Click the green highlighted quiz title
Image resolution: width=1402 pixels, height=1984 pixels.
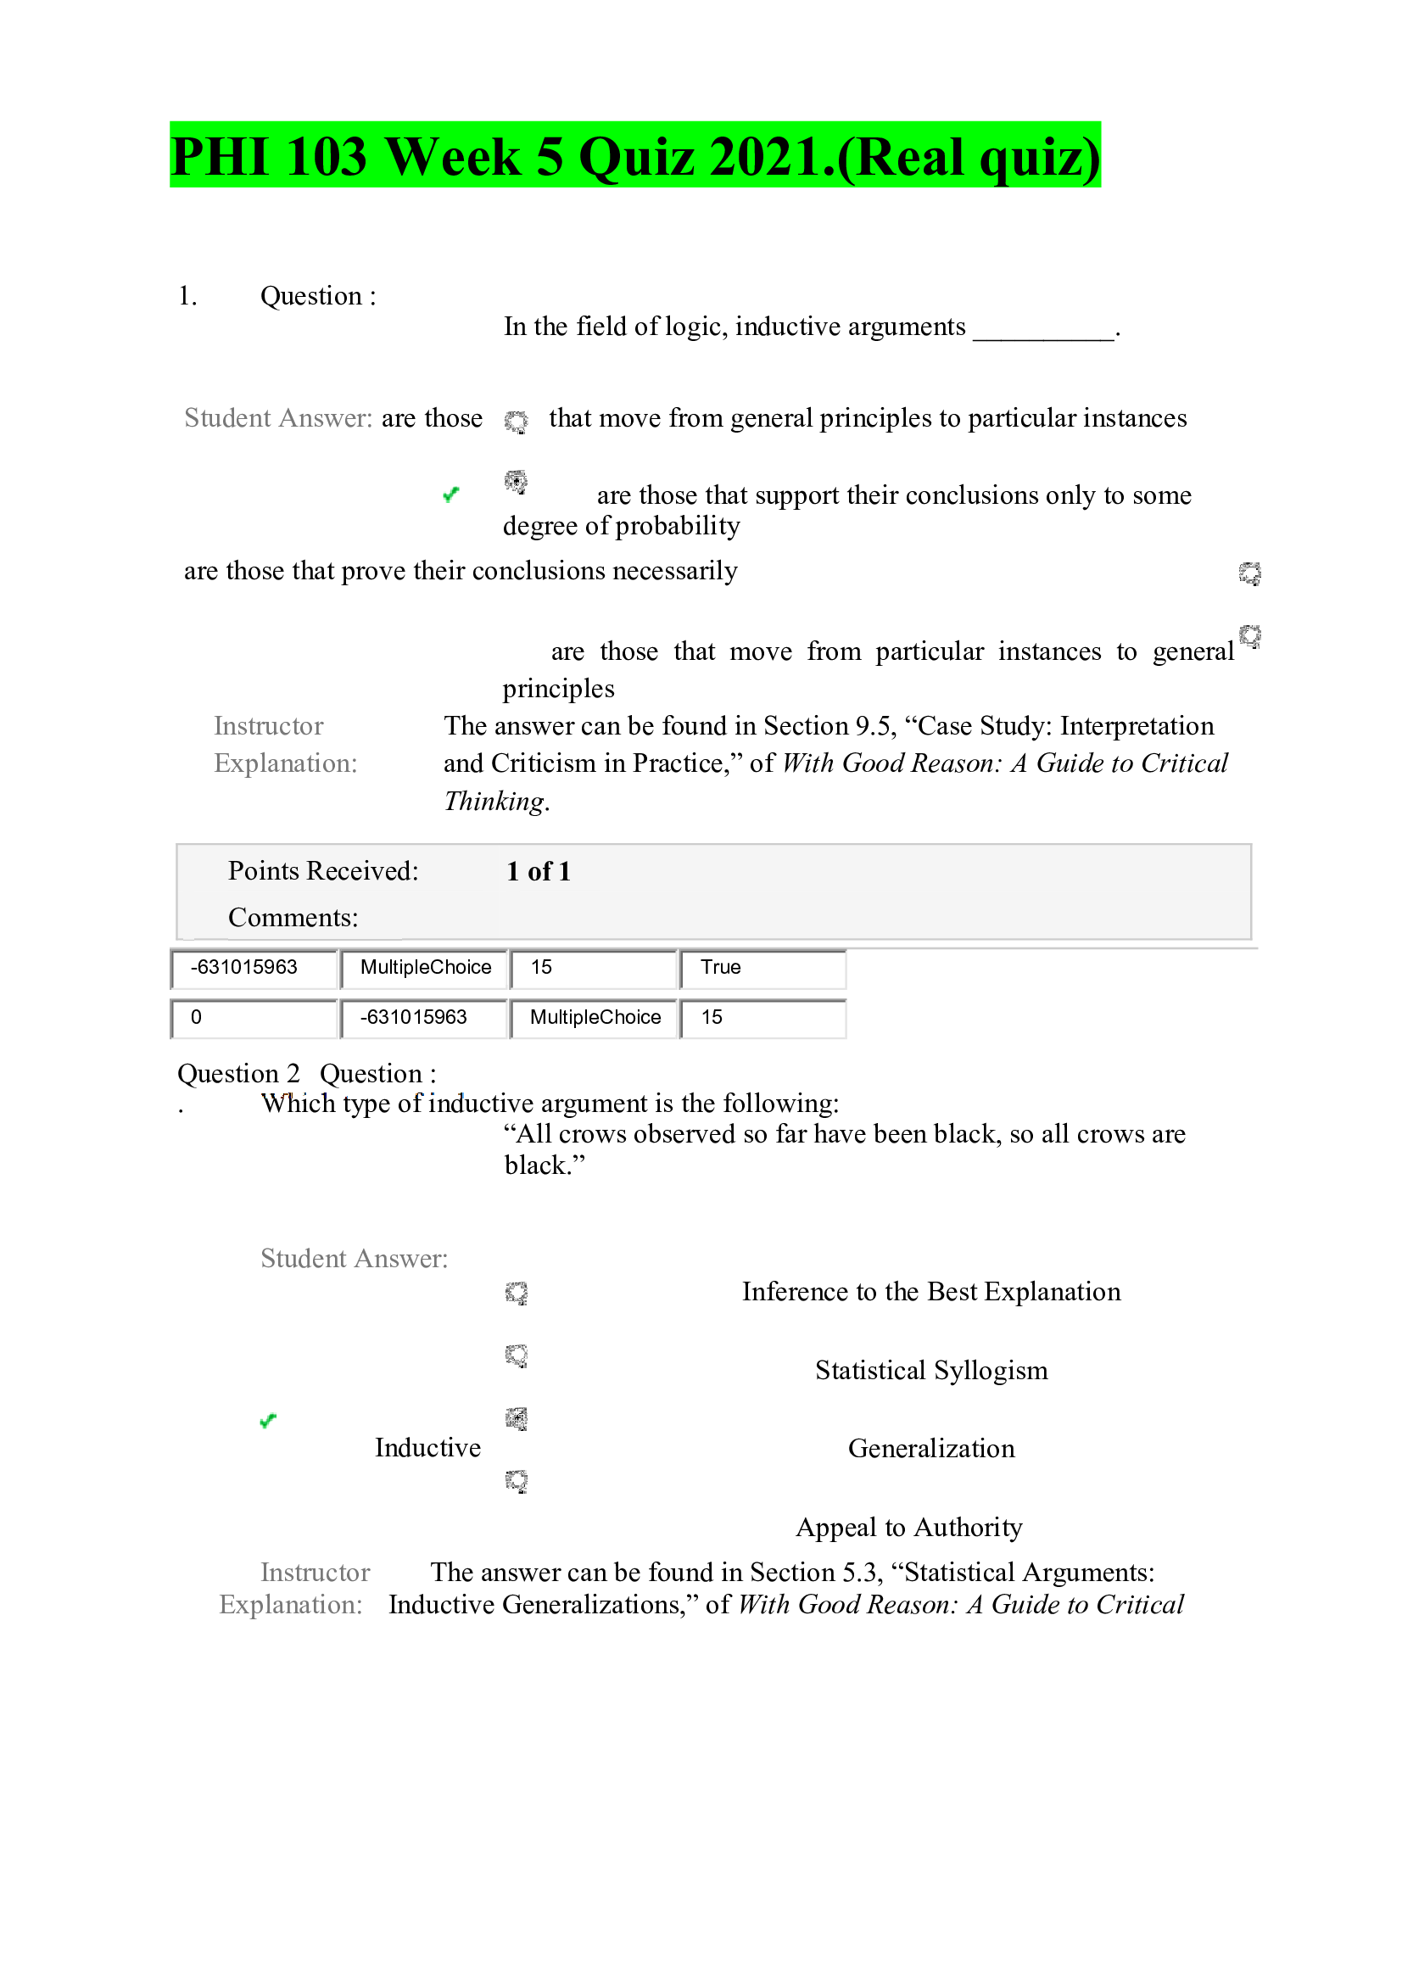(635, 155)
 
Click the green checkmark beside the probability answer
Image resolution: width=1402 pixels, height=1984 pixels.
(450, 495)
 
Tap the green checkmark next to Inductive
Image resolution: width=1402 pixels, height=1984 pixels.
(268, 1421)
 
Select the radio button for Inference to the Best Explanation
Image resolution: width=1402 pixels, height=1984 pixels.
(517, 1293)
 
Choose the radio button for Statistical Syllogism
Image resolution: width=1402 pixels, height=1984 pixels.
(517, 1355)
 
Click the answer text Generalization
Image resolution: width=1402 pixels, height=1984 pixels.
(930, 1448)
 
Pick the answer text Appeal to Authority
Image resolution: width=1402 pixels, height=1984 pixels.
(908, 1527)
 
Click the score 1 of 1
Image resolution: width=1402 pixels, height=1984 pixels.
(539, 871)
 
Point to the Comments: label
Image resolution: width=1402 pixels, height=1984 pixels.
(293, 918)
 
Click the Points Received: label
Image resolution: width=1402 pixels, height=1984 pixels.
(323, 871)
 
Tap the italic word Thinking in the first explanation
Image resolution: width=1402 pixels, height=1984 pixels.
(494, 801)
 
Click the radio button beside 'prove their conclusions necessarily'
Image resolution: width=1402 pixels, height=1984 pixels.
(1249, 573)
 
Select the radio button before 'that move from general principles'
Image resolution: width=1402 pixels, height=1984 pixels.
(516, 421)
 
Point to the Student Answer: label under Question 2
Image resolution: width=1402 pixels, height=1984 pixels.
(355, 1258)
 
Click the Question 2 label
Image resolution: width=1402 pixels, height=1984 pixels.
(238, 1073)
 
